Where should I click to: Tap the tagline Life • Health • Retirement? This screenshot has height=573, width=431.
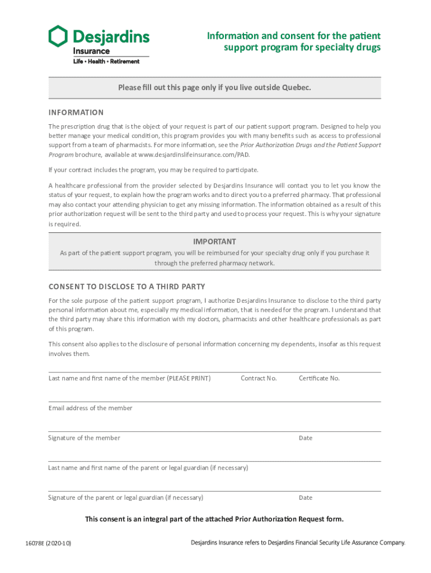click(x=106, y=62)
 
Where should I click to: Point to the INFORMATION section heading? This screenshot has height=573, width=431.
click(x=76, y=112)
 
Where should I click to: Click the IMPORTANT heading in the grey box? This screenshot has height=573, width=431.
click(x=214, y=242)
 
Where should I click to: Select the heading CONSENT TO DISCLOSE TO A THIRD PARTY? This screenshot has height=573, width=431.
click(x=127, y=287)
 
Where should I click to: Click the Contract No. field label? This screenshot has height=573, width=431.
click(x=259, y=378)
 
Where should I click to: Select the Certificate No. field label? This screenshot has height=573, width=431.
click(x=319, y=378)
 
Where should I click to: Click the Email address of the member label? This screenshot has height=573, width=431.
click(x=91, y=408)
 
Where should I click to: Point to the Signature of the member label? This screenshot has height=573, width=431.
click(x=84, y=438)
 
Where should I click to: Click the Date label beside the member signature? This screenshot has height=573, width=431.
click(x=306, y=438)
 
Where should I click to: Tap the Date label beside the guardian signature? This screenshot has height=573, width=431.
click(x=306, y=497)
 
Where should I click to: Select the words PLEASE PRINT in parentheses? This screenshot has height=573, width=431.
click(x=189, y=378)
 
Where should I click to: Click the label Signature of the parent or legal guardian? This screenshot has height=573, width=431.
click(x=125, y=497)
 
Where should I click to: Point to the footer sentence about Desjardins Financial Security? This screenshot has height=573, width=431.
click(x=297, y=543)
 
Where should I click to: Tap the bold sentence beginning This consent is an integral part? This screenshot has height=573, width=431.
click(x=214, y=519)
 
